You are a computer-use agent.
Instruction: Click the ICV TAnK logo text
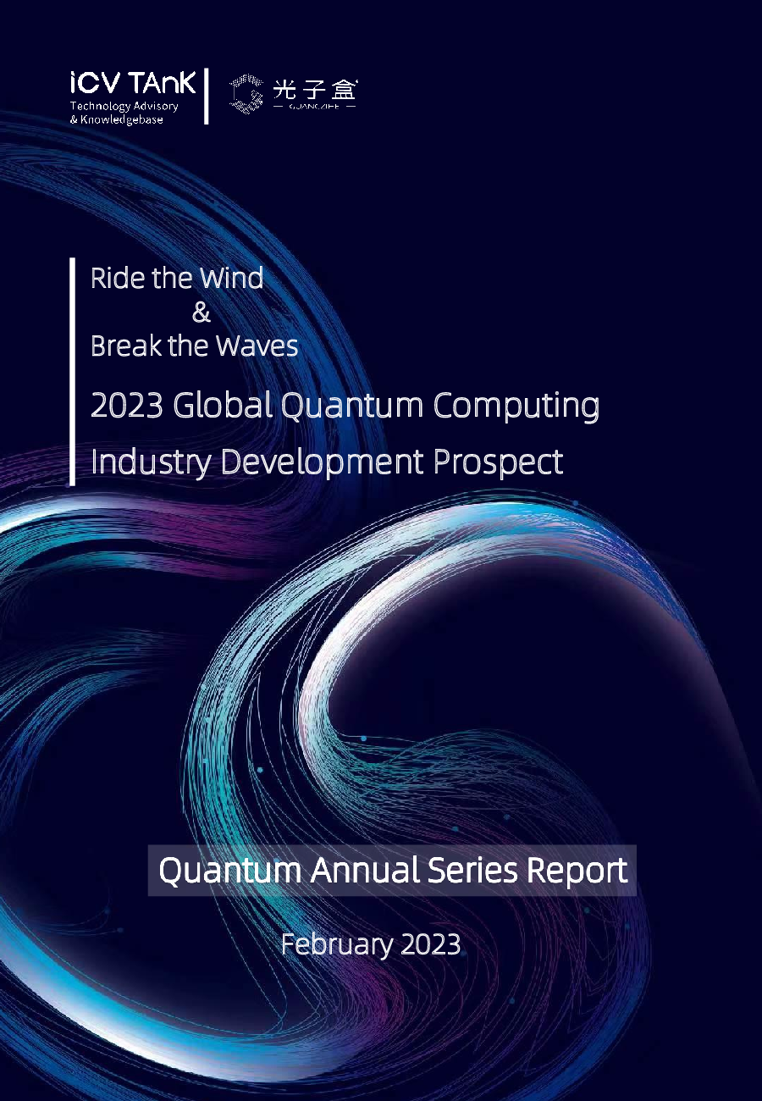click(x=132, y=83)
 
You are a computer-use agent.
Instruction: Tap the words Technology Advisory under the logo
click(x=124, y=107)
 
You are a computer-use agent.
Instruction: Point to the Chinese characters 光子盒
click(x=315, y=88)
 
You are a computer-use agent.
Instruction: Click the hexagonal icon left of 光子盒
click(x=246, y=93)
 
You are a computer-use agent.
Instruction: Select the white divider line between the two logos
click(x=206, y=96)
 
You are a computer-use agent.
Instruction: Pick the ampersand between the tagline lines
click(x=201, y=313)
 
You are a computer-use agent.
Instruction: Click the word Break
click(x=124, y=346)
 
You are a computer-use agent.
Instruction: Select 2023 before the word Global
click(x=126, y=406)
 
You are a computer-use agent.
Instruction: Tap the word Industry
click(x=151, y=462)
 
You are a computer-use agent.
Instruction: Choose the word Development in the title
click(x=322, y=462)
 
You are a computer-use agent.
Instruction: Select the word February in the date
click(x=325, y=944)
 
